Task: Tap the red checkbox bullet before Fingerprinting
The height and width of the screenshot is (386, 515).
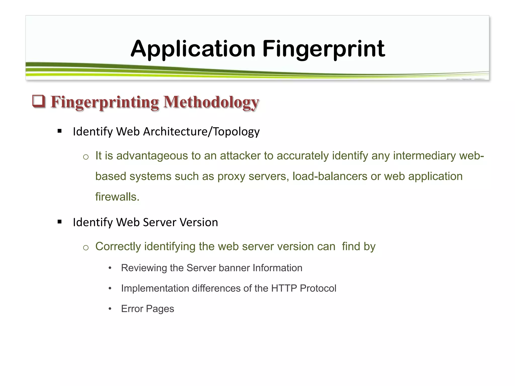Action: pos(39,101)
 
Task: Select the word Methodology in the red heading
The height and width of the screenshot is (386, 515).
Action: pos(211,102)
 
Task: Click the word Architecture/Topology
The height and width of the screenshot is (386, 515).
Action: pos(201,132)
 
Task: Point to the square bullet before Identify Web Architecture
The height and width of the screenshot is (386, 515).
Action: pos(60,131)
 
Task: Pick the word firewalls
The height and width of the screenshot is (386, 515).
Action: pos(117,197)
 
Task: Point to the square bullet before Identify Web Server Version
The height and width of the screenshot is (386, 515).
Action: pos(60,222)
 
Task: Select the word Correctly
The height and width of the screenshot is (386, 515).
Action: pos(118,247)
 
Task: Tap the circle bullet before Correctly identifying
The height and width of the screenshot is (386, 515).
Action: pos(86,248)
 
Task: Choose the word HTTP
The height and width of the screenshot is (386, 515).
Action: pos(284,288)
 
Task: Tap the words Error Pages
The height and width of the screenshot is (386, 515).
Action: pos(147,309)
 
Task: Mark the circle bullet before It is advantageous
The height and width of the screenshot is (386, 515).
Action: pos(86,157)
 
